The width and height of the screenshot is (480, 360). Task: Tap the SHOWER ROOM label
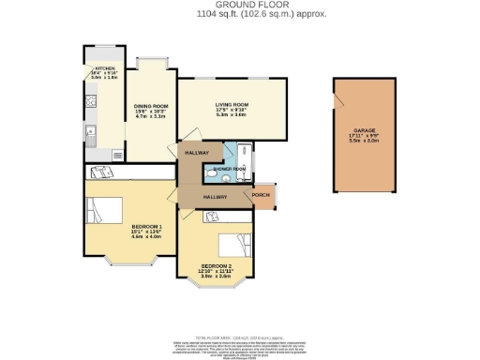pyautogui.click(x=229, y=169)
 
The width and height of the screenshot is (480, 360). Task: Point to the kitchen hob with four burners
pyautogui.click(x=90, y=109)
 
